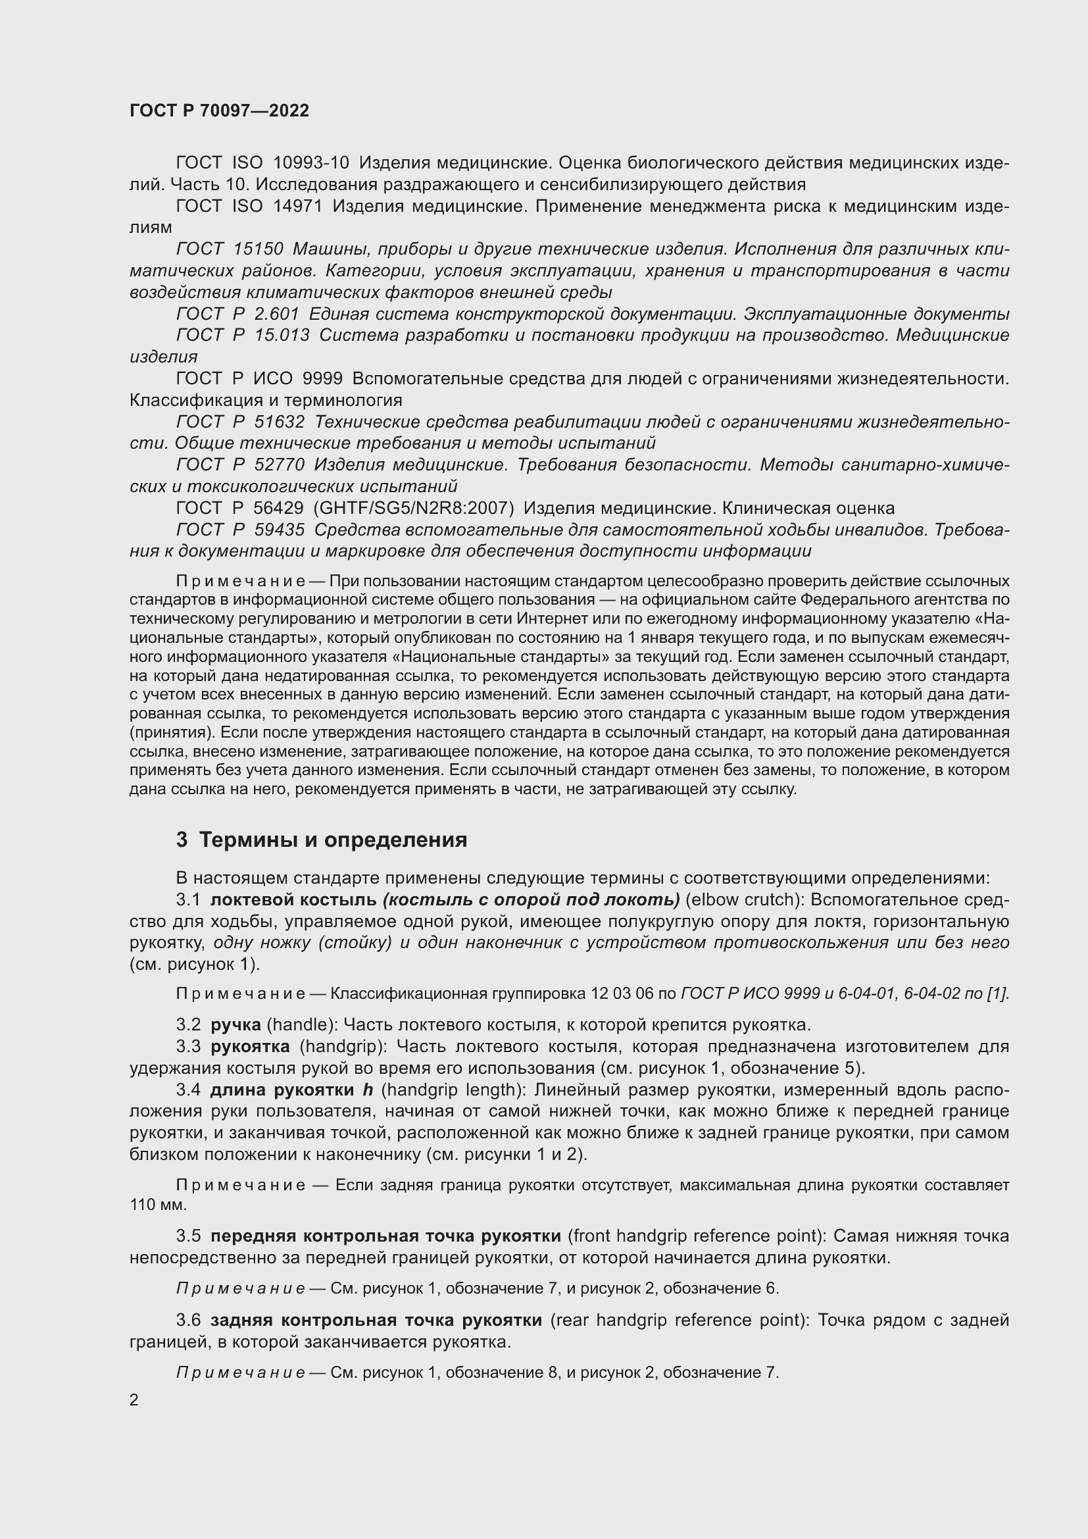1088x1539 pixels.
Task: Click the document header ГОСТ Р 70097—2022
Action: click(x=219, y=111)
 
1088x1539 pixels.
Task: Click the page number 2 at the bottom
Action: click(x=134, y=1400)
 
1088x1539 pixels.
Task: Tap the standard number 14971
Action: click(x=297, y=206)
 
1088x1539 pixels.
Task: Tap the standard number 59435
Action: click(x=280, y=530)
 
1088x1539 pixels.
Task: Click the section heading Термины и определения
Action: click(x=333, y=840)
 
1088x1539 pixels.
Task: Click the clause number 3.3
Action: click(x=188, y=1046)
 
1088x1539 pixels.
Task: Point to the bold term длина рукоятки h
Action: click(x=291, y=1089)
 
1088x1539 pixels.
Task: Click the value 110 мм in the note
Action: click(x=158, y=1205)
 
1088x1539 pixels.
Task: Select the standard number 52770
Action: click(x=280, y=465)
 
